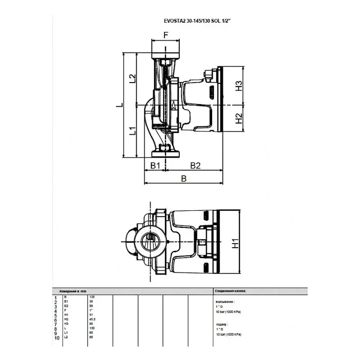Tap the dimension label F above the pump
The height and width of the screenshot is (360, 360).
coord(166,35)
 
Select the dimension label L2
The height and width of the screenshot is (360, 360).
coord(132,78)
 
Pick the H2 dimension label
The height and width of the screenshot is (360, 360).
coord(239,118)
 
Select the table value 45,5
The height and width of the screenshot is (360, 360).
coord(92,319)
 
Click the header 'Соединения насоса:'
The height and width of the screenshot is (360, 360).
coord(230,291)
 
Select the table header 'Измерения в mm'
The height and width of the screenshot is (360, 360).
coord(73,291)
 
